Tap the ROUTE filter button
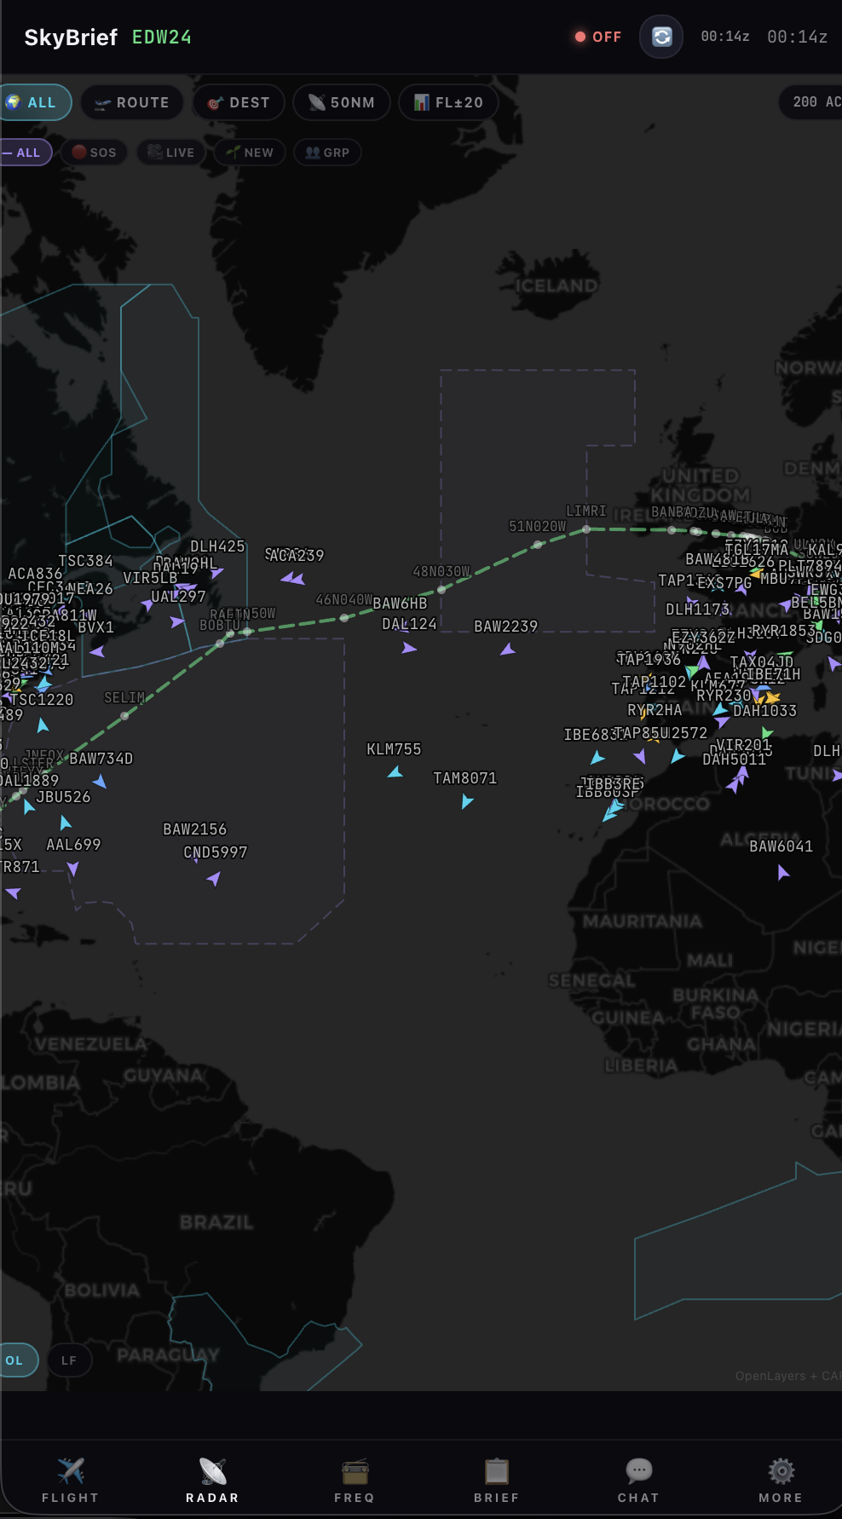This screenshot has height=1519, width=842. coord(132,102)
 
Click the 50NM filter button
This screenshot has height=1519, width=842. coord(342,102)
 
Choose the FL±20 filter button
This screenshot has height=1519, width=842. coord(448,102)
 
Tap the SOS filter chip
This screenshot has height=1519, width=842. coord(94,153)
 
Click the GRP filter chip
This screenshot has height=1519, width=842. coord(327,153)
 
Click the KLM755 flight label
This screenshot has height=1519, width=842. coord(394,749)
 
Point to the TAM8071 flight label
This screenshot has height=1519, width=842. coord(464,778)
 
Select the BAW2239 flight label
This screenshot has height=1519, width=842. coord(506,627)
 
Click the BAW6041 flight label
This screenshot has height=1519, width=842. coord(781,846)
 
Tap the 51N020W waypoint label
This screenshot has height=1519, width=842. coord(537,527)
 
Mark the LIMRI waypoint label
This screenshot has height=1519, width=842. coord(586,511)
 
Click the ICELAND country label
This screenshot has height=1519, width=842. coord(557,286)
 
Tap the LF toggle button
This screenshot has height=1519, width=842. coord(69,1360)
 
